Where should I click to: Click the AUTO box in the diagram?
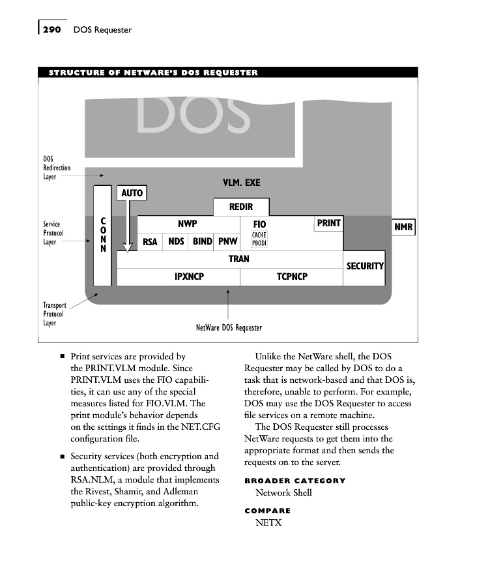[132, 193]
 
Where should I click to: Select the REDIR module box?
[241, 207]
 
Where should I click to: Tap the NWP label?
[188, 224]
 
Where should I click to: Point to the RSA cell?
[150, 242]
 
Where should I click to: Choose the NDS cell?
[176, 241]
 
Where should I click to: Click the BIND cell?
[203, 241]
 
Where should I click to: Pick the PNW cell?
[228, 241]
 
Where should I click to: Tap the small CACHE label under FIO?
[259, 235]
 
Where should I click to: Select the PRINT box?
[328, 223]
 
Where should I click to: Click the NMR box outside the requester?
[403, 228]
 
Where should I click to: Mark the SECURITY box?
[364, 266]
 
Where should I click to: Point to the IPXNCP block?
[189, 277]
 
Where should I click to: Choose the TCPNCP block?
[292, 277]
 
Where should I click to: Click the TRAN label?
[238, 259]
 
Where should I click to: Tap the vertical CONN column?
[102, 236]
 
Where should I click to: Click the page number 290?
[51, 29]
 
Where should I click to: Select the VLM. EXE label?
[241, 183]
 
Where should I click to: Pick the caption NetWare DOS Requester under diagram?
[229, 327]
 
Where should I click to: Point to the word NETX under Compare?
[268, 522]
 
